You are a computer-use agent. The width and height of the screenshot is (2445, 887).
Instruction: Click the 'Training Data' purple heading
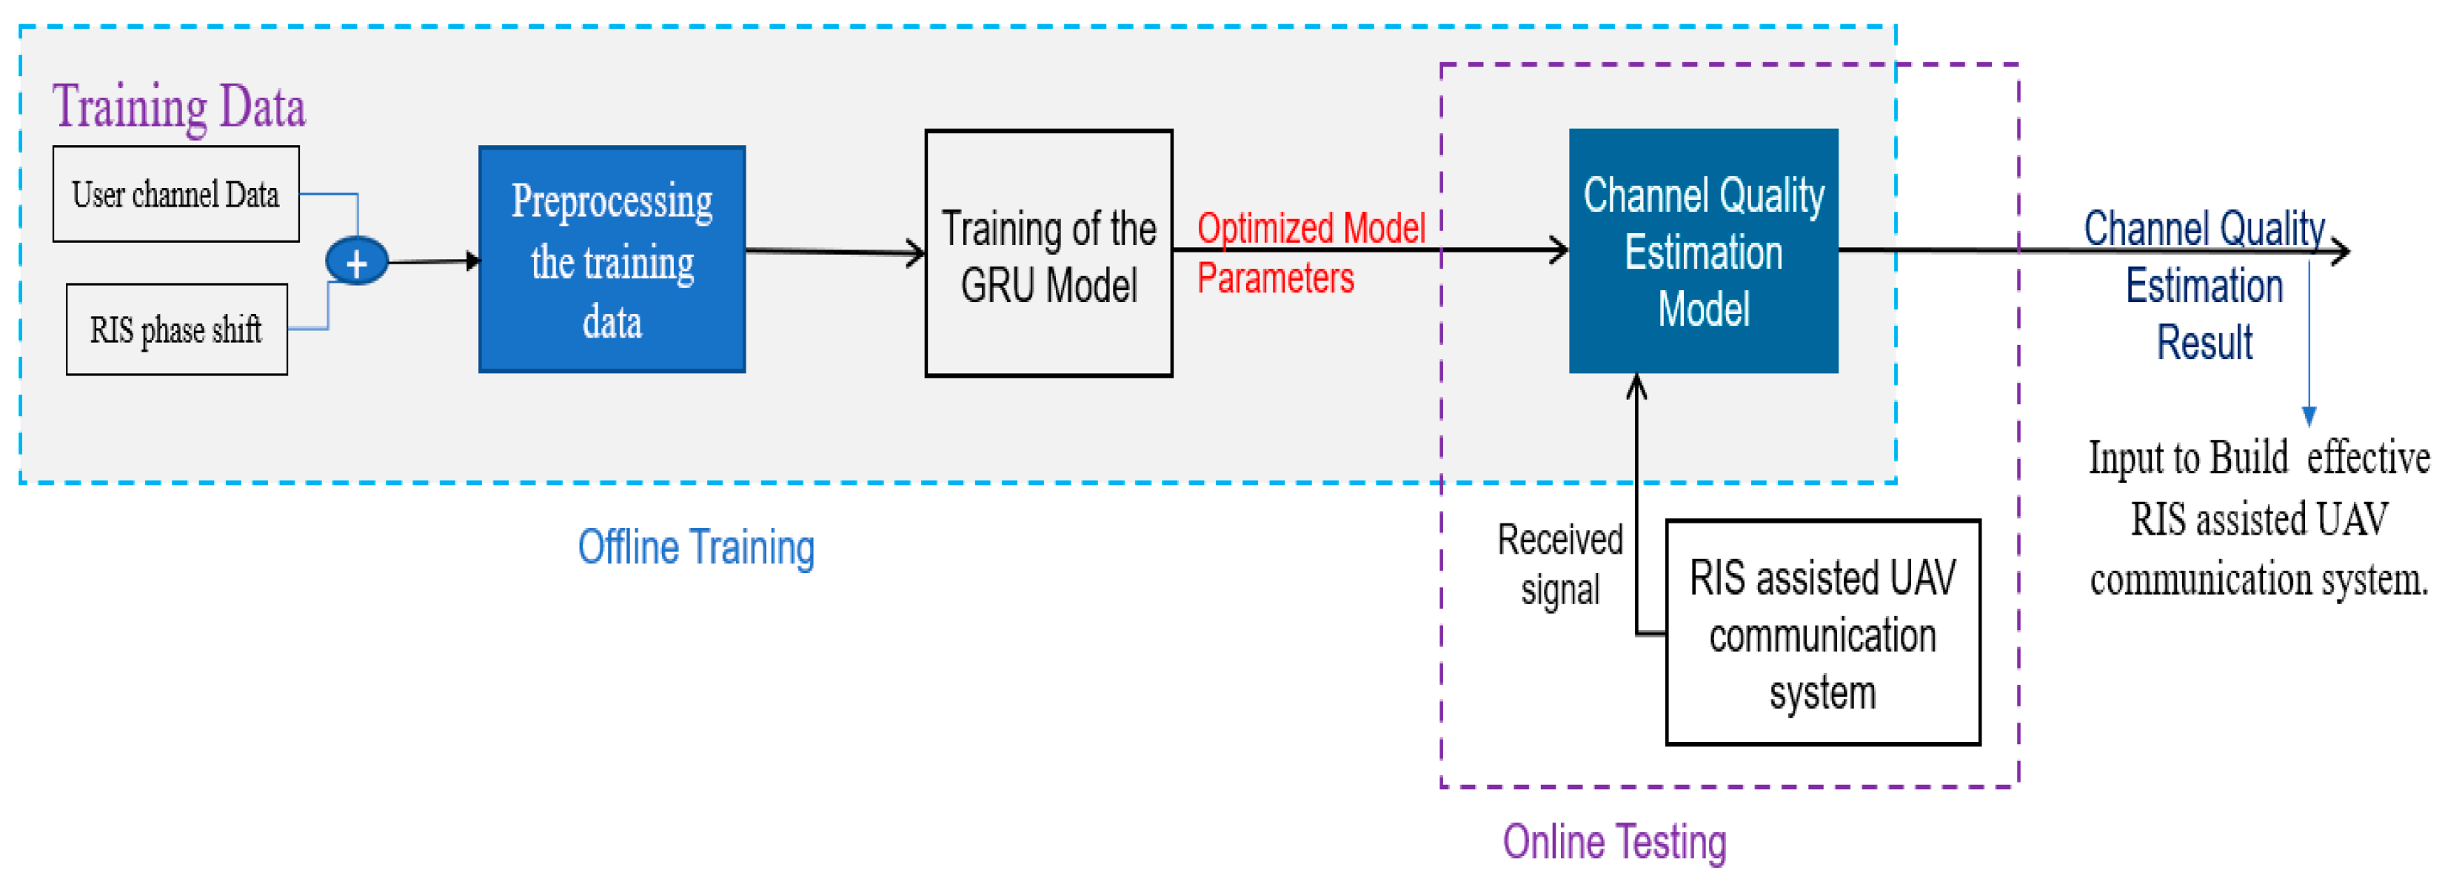pos(178,107)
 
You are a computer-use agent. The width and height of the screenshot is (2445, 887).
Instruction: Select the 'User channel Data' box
pos(175,195)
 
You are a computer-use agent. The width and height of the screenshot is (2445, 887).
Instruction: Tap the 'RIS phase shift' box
pos(176,330)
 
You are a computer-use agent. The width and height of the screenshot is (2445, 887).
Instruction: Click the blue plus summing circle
pos(357,262)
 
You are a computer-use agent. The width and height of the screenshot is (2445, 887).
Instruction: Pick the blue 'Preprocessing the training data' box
pos(612,259)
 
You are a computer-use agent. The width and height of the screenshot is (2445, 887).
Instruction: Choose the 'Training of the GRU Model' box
pos(1048,254)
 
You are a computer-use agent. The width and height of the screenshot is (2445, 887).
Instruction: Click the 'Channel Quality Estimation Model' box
pos(1703,252)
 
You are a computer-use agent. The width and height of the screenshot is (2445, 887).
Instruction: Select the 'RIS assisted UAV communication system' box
pos(1822,633)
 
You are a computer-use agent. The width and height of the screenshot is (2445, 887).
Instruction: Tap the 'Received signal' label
pos(1559,563)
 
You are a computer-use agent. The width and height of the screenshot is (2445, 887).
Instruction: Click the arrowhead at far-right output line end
pos(2341,252)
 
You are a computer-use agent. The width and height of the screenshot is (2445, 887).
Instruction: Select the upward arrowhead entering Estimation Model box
pos(1636,385)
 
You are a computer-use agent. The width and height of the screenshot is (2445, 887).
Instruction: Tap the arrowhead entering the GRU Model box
pos(917,253)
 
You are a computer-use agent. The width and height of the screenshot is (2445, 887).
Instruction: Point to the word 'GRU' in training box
pos(997,286)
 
